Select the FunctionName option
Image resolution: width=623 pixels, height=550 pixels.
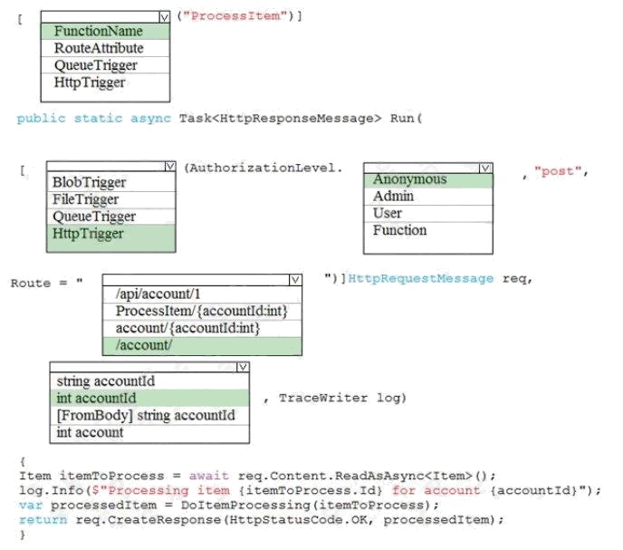point(99,32)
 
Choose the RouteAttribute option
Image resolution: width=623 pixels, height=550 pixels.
point(99,49)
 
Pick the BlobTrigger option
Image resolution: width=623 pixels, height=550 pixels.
point(89,183)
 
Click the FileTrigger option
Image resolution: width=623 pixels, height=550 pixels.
point(85,199)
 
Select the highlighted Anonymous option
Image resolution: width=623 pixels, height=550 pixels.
point(409,179)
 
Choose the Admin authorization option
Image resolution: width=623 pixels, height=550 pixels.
point(393,197)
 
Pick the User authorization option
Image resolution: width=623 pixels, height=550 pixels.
point(388,214)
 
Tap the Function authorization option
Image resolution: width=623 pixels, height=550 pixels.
point(399,231)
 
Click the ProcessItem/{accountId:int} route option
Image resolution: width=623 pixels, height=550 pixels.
point(201,312)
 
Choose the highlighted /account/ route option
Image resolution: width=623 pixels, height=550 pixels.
point(144,345)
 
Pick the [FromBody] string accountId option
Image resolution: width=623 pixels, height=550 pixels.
point(145,416)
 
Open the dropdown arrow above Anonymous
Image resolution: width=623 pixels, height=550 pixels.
point(485,168)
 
